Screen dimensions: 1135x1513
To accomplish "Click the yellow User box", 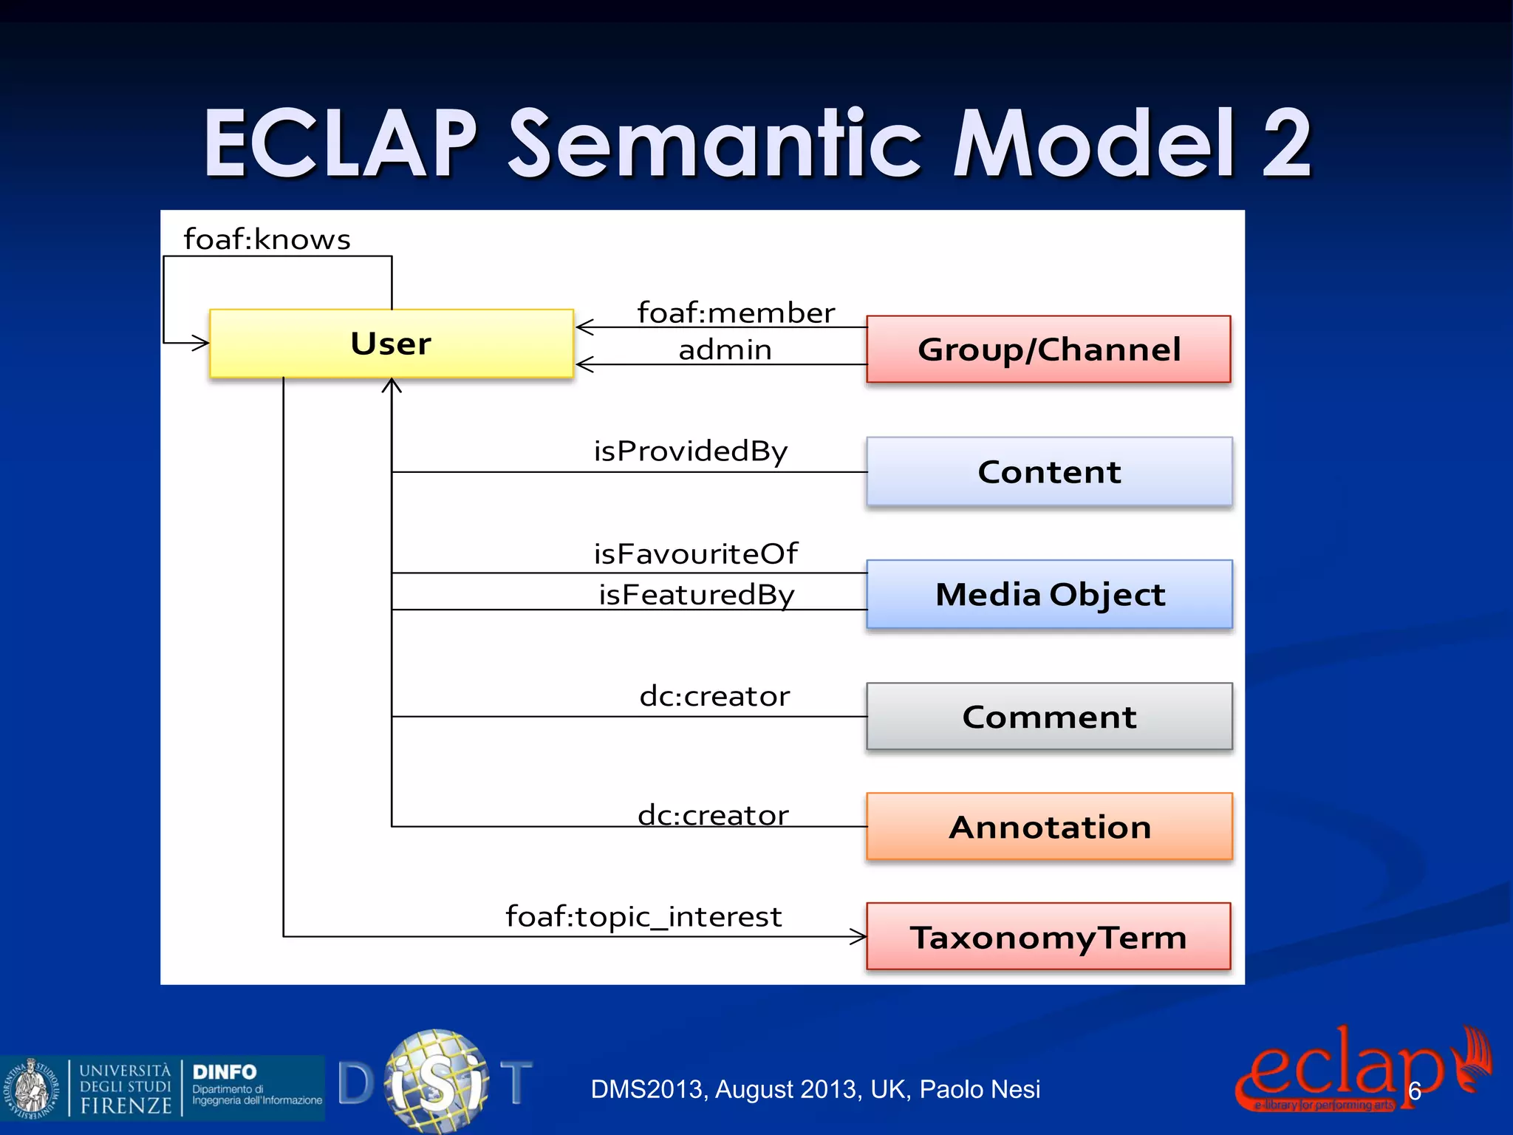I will point(392,344).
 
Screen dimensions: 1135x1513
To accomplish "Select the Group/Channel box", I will point(1048,350).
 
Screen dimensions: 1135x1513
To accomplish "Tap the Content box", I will point(1049,471).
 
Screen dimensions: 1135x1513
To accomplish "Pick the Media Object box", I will point(1049,594).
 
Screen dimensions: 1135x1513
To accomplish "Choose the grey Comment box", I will point(1049,717).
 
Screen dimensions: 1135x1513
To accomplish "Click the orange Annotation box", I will point(1049,827).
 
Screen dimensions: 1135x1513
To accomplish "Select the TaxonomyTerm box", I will point(1048,937).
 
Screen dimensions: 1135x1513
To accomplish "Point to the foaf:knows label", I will point(267,239).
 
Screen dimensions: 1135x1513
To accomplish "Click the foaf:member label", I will point(736,313).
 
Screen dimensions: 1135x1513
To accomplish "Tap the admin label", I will point(725,350).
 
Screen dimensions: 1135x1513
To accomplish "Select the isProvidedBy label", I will point(691,451).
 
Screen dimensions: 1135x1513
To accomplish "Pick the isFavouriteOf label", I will point(695,553).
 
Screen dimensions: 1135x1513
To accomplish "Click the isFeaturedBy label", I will point(696,594).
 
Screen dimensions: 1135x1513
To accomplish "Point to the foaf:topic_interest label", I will point(643,917).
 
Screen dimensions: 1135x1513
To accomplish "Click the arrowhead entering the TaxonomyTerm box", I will point(859,937).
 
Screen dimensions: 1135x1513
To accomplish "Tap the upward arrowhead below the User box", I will point(392,385).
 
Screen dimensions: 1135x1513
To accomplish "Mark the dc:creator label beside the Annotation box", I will point(713,815).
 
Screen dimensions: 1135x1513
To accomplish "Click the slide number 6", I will point(1414,1091).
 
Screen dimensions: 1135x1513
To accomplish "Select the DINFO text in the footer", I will point(224,1071).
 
